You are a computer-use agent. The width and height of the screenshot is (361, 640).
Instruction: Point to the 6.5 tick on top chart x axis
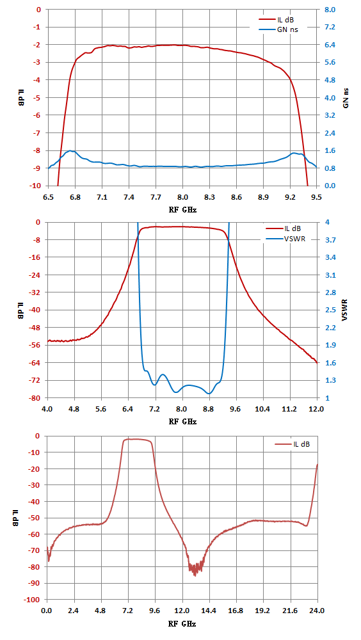[x=48, y=196]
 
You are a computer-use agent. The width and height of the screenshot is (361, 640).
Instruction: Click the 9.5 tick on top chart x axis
[x=316, y=196]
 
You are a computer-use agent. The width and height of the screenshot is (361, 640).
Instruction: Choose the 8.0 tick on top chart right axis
[x=329, y=9]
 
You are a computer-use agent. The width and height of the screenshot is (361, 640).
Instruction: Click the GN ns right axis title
[x=346, y=97]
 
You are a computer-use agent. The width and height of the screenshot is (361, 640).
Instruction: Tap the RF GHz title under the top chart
[x=182, y=209]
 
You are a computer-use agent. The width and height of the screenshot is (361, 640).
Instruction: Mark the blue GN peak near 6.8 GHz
[x=71, y=151]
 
